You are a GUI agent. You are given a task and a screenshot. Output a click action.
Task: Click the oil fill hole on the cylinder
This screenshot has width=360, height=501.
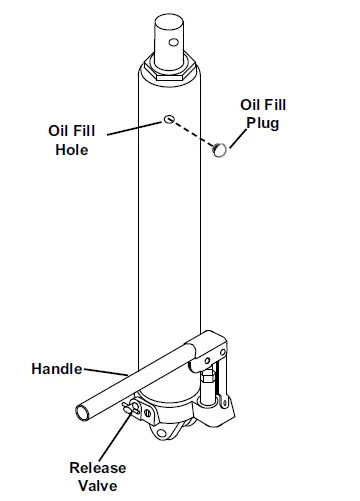169,119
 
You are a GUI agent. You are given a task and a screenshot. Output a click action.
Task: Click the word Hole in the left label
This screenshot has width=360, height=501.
70,150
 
